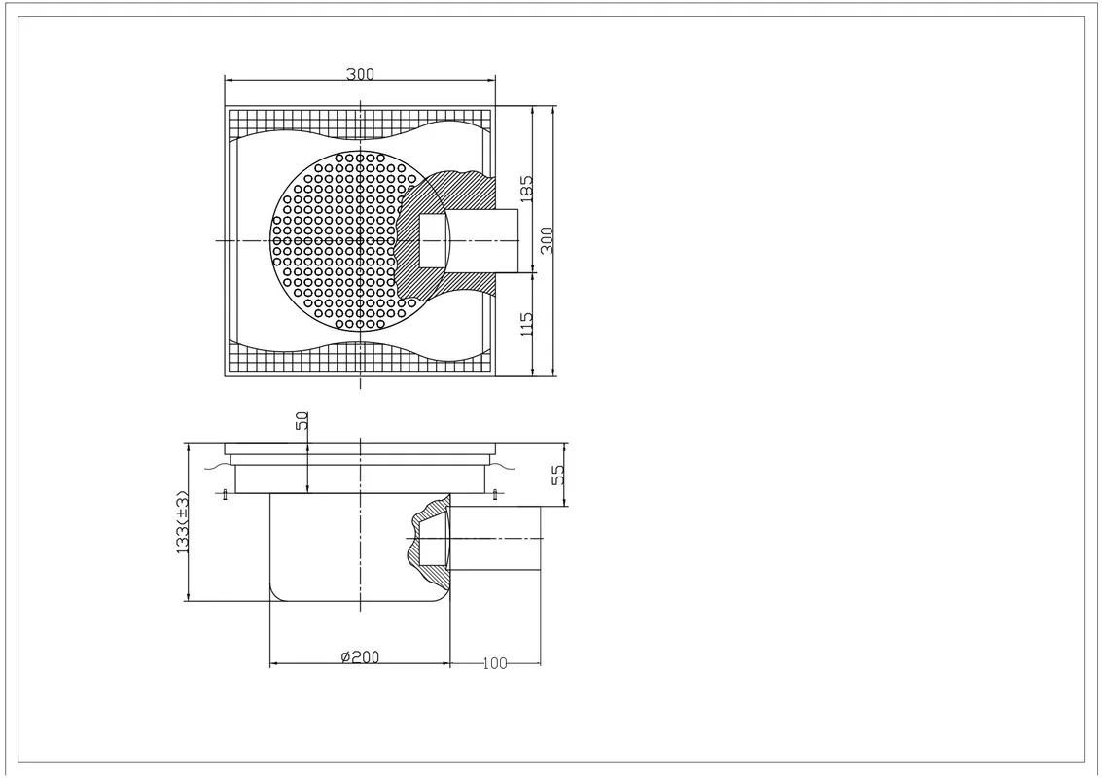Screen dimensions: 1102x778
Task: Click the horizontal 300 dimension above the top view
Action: (361, 74)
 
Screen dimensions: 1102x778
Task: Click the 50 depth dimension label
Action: (302, 420)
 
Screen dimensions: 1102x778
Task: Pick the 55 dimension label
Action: (558, 476)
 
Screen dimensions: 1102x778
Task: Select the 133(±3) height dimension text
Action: (183, 522)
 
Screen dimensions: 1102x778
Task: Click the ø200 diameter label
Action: (360, 657)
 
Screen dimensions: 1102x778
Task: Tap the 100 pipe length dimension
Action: (495, 663)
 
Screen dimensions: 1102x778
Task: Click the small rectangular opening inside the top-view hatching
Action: (432, 241)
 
